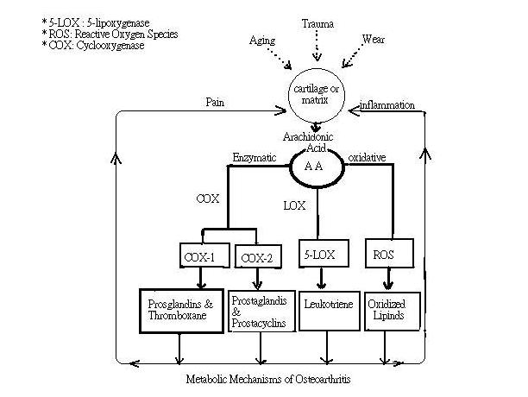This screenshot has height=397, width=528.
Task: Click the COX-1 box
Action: tap(201, 256)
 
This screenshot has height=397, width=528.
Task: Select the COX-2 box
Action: tap(257, 257)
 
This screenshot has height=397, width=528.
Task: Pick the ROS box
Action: tap(381, 255)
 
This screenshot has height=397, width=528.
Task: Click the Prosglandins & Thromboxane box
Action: tap(181, 310)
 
